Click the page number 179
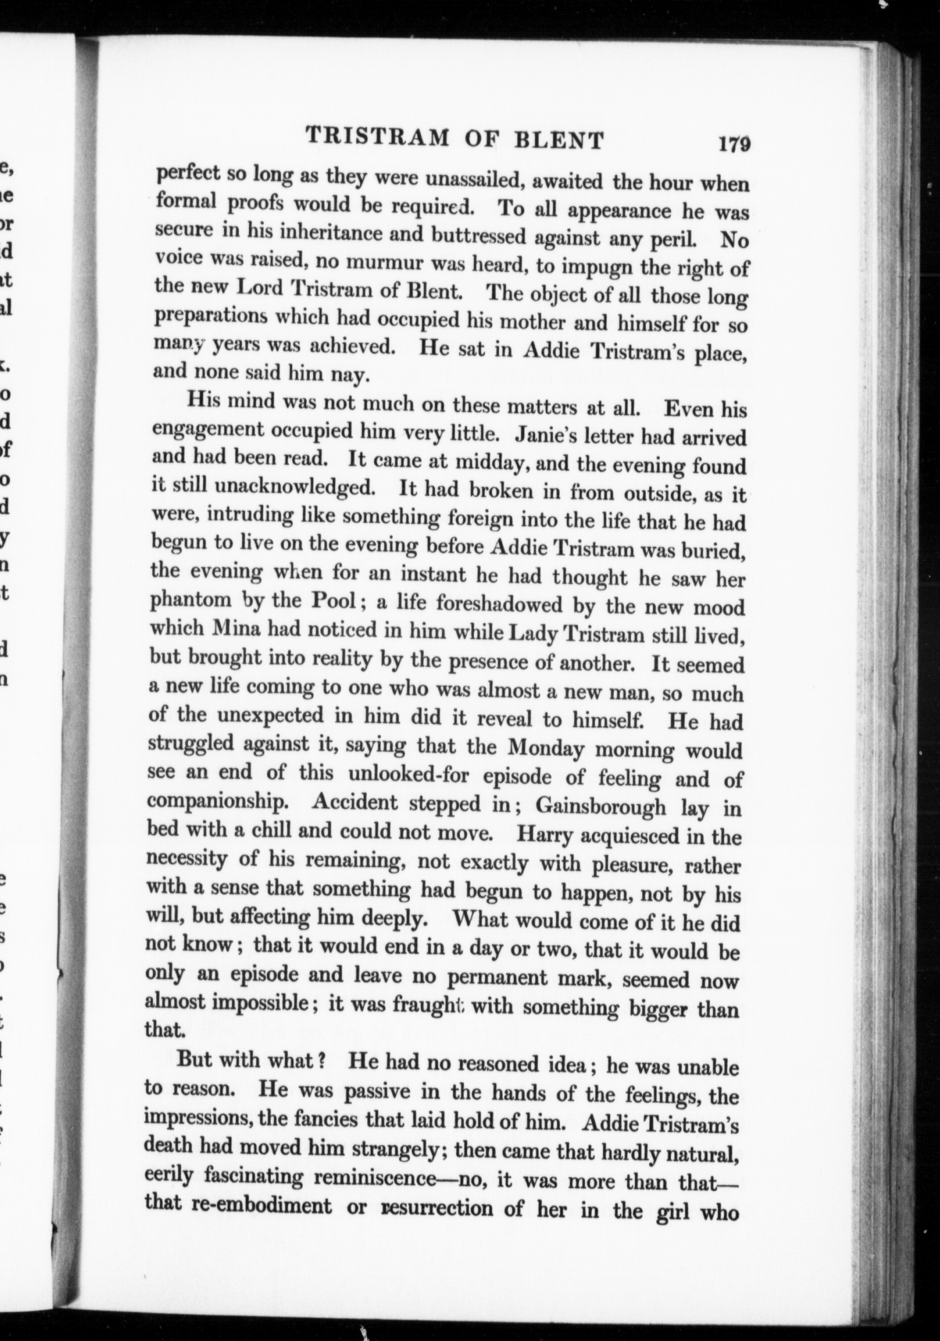[734, 144]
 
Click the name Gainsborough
[600, 807]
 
